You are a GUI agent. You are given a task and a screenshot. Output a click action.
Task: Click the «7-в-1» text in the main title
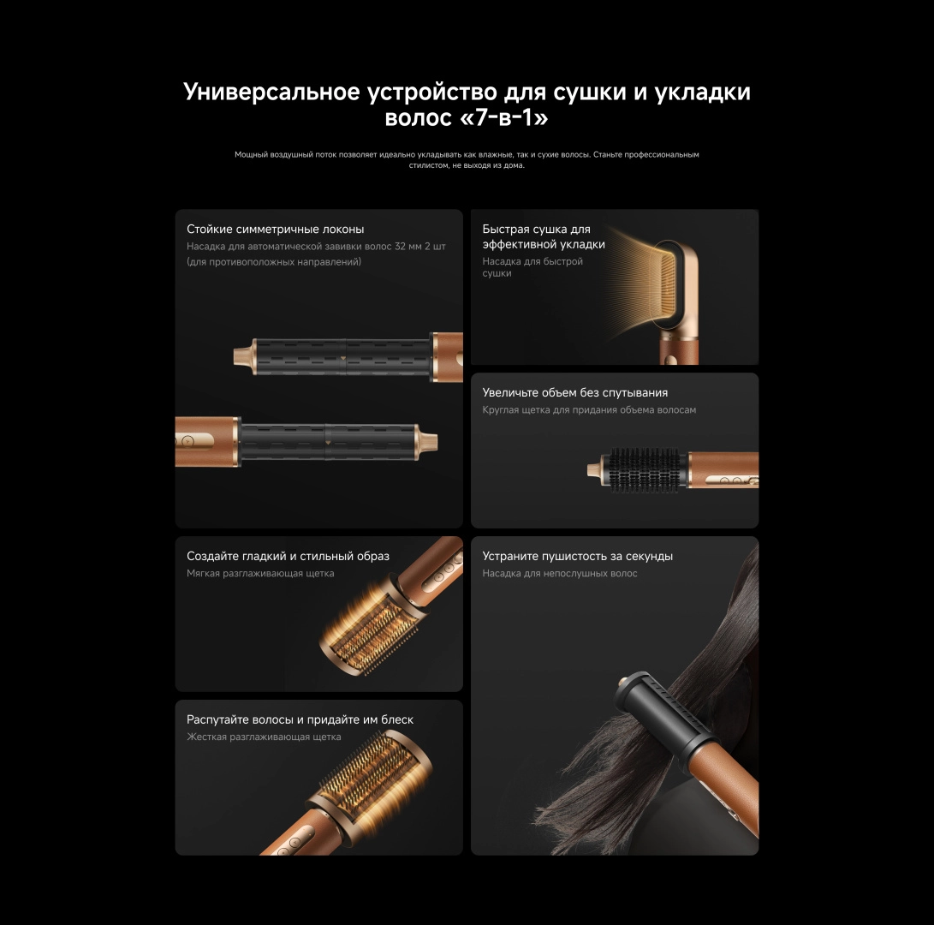coord(504,117)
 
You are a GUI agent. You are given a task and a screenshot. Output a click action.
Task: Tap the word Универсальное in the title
coord(271,92)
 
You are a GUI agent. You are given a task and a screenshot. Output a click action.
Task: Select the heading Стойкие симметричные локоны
coord(275,229)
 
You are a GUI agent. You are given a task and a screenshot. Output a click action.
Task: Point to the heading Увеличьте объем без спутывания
coord(574,393)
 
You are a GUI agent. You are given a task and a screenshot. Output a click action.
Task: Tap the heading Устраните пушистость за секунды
coord(577,556)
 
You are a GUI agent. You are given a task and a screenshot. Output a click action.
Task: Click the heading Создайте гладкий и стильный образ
coord(288,556)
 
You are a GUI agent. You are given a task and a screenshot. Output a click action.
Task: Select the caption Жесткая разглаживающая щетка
coord(264,737)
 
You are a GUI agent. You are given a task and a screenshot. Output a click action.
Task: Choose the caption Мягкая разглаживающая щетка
coord(260,573)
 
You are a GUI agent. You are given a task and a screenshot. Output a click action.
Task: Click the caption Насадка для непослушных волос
coord(559,573)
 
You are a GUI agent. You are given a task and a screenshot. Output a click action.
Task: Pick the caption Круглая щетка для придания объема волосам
coord(589,410)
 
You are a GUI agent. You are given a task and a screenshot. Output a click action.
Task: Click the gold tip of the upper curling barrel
coord(245,356)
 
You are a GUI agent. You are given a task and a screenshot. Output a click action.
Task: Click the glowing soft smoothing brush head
coord(366,629)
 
